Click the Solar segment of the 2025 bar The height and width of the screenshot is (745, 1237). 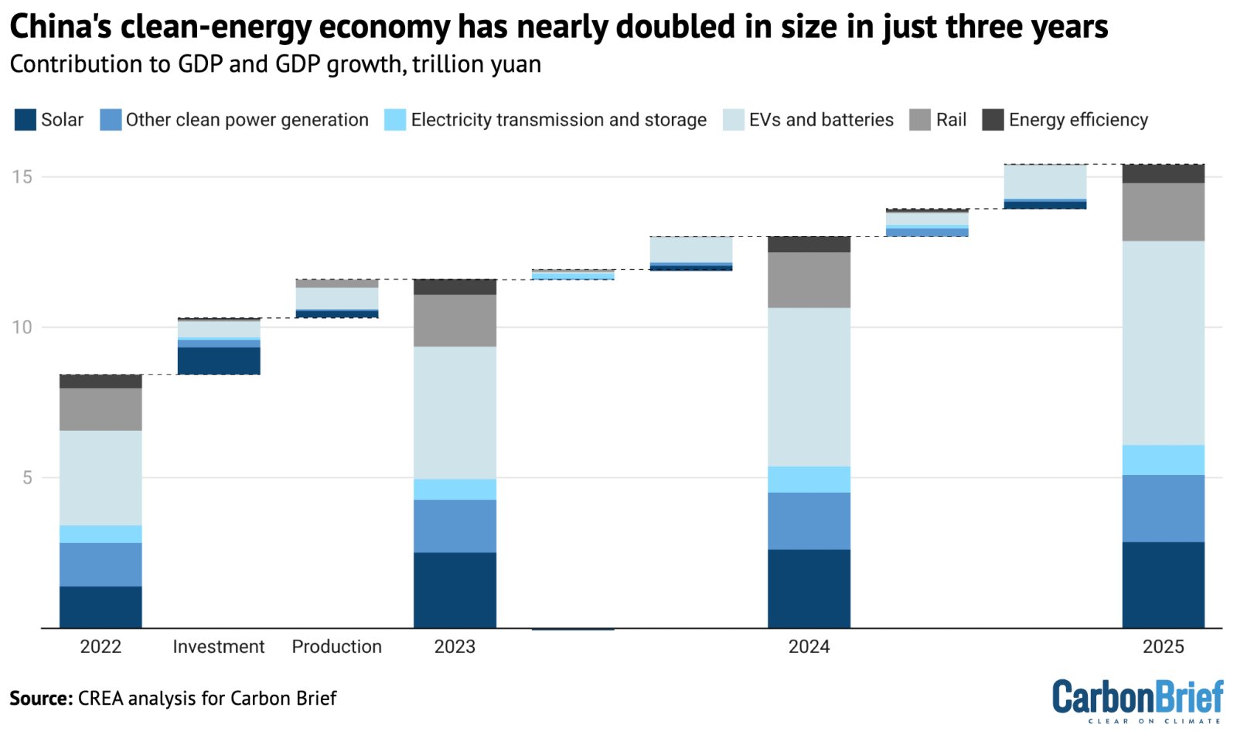1163,584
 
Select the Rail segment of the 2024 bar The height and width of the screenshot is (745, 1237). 809,280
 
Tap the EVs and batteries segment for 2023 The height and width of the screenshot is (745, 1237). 455,412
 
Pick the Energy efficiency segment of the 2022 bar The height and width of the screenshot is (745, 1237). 101,381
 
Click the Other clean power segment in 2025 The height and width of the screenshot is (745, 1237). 1163,508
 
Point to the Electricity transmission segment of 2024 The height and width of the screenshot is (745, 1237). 809,479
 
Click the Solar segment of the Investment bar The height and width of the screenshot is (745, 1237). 219,361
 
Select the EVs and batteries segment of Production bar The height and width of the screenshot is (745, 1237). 337,298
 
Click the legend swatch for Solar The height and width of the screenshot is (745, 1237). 25,120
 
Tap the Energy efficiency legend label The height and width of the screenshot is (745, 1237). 1078,120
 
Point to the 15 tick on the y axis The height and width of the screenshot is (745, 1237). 22,177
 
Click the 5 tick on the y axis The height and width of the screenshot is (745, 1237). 27,478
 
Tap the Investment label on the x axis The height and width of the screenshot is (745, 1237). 219,647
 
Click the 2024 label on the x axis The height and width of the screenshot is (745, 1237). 809,647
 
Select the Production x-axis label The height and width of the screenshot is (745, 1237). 337,647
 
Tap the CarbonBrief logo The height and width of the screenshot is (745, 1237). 1136,700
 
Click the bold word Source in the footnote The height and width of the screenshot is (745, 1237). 40,699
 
